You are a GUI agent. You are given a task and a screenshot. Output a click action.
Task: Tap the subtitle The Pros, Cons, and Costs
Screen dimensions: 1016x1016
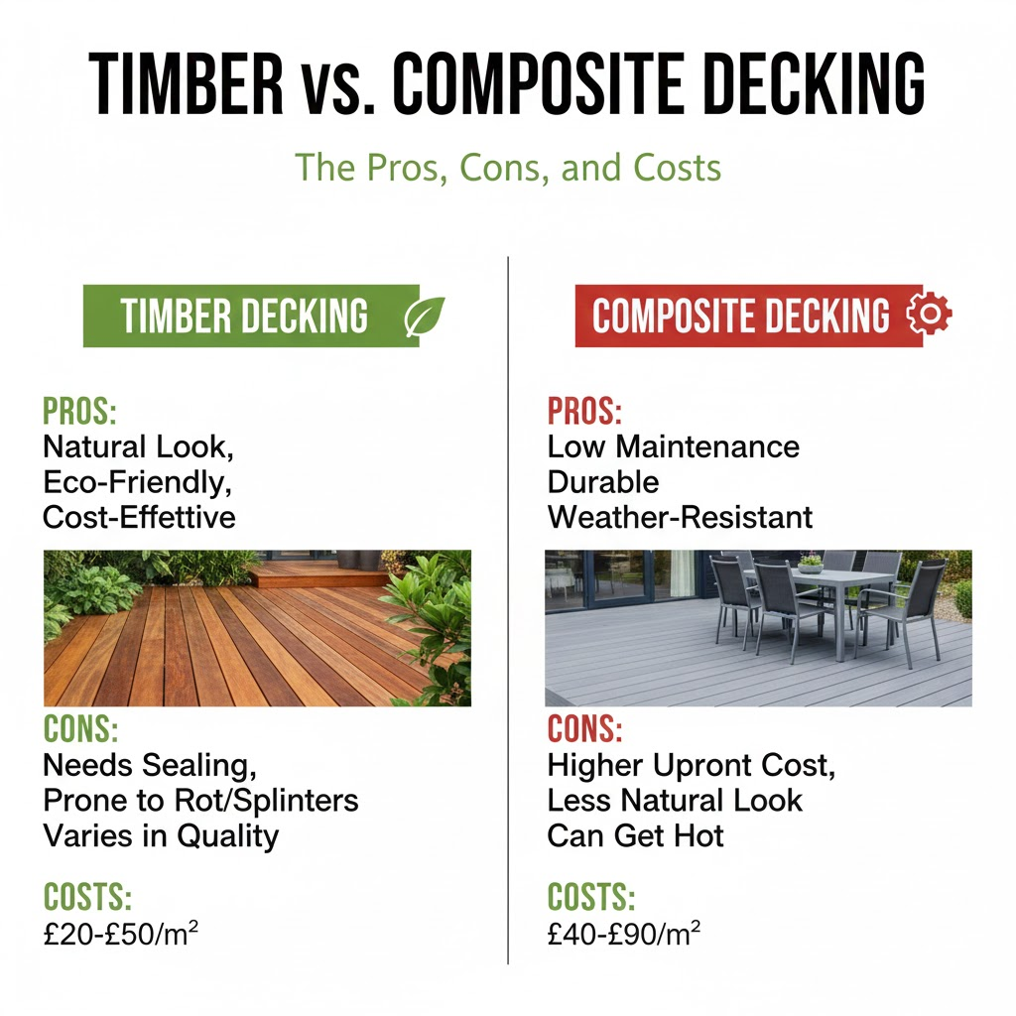pos(508,167)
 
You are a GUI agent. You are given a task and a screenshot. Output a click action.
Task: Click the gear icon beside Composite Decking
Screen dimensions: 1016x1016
pos(929,316)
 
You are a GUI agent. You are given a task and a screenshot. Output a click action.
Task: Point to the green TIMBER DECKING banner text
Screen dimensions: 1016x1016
pos(244,317)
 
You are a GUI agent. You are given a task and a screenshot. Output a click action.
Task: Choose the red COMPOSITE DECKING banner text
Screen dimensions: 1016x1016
pos(740,317)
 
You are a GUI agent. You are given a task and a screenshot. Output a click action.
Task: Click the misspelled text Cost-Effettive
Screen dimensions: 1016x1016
pos(139,517)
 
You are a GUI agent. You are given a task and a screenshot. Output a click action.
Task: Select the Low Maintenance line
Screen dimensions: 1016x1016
pos(673,446)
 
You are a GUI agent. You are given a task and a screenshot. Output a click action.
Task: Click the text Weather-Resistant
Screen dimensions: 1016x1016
pos(680,517)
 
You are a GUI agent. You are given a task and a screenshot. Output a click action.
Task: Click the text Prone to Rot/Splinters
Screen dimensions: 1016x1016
pos(200,800)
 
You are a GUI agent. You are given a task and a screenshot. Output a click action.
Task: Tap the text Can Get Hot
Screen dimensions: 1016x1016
pos(635,835)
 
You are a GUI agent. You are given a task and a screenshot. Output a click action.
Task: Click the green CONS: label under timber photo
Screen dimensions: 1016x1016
pos(81,730)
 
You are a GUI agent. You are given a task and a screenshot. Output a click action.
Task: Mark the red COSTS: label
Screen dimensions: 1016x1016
pos(590,897)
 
